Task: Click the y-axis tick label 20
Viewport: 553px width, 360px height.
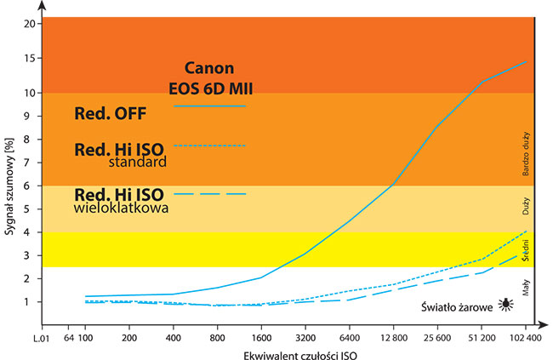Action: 30,23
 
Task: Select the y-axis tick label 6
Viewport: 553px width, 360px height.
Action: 31,186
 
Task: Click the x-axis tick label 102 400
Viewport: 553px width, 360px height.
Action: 524,338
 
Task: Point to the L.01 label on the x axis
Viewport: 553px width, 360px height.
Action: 43,338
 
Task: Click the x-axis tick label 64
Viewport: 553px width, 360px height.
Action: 70,338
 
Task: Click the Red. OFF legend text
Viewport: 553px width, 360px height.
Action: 111,112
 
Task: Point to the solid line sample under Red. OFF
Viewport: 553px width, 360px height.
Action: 210,106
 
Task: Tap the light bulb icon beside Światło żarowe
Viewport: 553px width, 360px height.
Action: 505,303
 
